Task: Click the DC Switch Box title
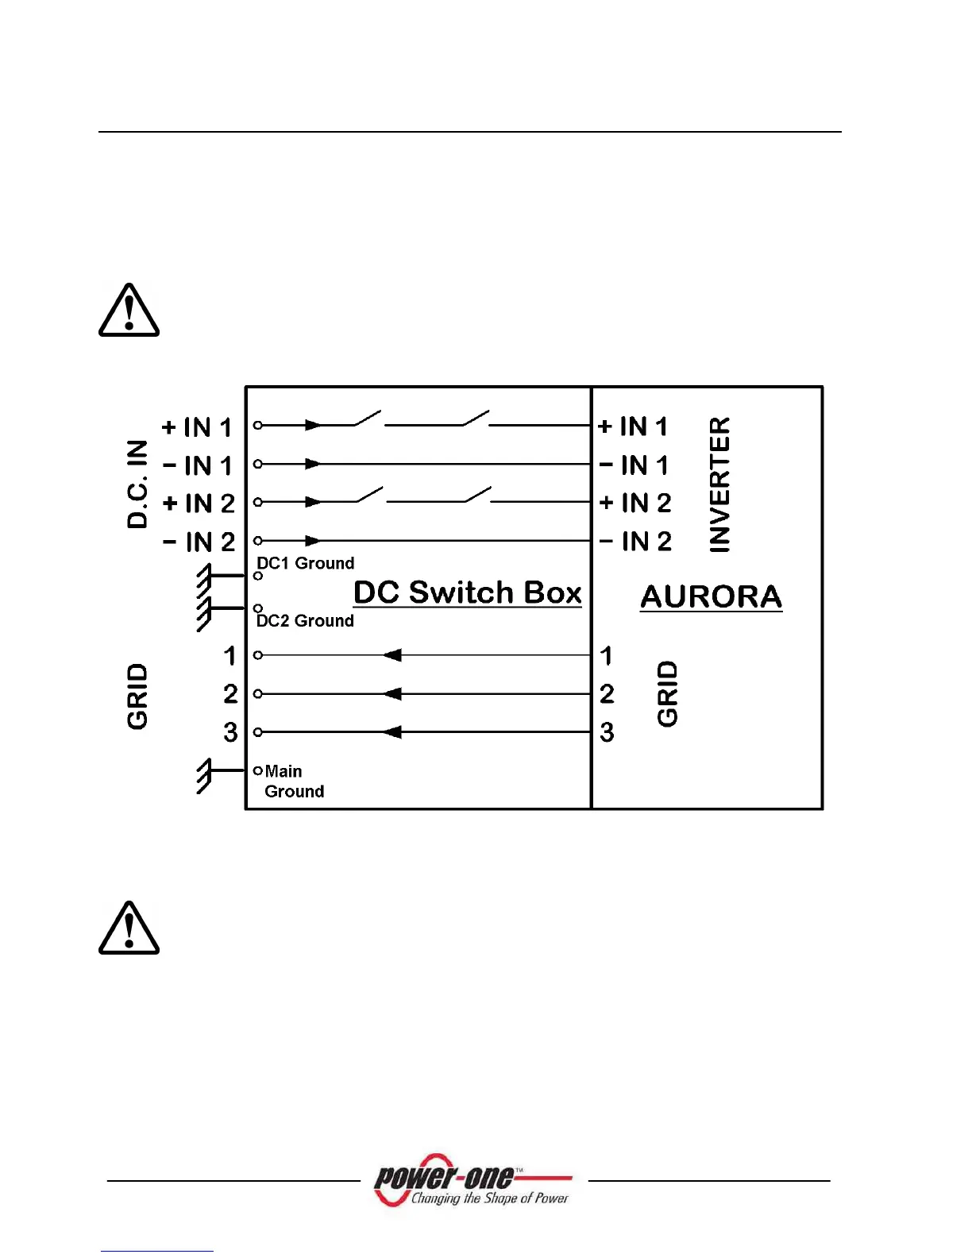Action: (x=467, y=592)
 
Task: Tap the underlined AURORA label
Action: (x=711, y=596)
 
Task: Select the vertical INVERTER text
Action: (x=719, y=484)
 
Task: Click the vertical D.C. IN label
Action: (x=137, y=484)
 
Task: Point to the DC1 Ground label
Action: (x=306, y=563)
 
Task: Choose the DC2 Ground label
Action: (x=305, y=621)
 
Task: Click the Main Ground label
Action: (x=293, y=781)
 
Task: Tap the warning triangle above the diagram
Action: (x=129, y=310)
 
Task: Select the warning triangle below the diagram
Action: (x=129, y=928)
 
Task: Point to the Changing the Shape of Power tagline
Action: (x=489, y=1198)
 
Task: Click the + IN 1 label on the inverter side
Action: (x=633, y=426)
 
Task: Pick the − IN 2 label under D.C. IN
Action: (x=199, y=542)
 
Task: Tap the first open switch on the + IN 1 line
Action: (x=367, y=419)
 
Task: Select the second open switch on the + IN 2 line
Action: (x=478, y=495)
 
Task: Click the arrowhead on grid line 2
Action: (x=392, y=693)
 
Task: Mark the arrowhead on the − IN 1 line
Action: (x=313, y=464)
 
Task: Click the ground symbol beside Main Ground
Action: (x=205, y=775)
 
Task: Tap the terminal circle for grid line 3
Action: (x=257, y=731)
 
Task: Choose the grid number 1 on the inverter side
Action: (x=606, y=655)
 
